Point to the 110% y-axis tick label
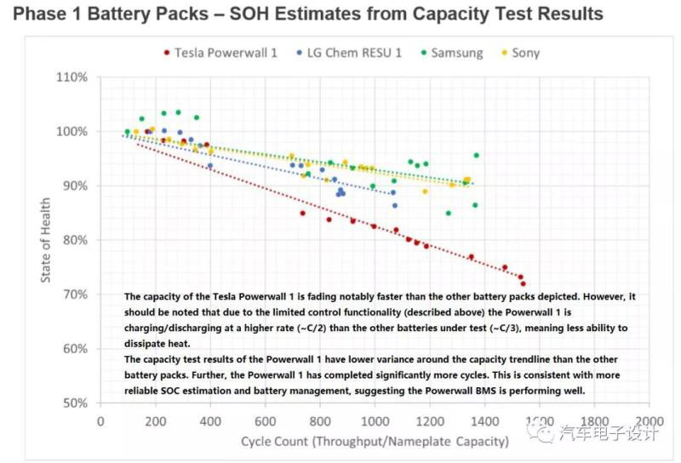[72, 77]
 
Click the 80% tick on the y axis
[74, 240]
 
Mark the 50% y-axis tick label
[74, 403]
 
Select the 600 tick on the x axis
[265, 421]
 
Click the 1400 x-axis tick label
[484, 421]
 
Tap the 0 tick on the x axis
[100, 421]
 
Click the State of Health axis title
[44, 240]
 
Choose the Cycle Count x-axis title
[375, 441]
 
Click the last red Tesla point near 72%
[524, 283]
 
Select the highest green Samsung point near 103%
[178, 112]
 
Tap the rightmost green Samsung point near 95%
[476, 156]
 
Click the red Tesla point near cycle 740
[302, 213]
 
